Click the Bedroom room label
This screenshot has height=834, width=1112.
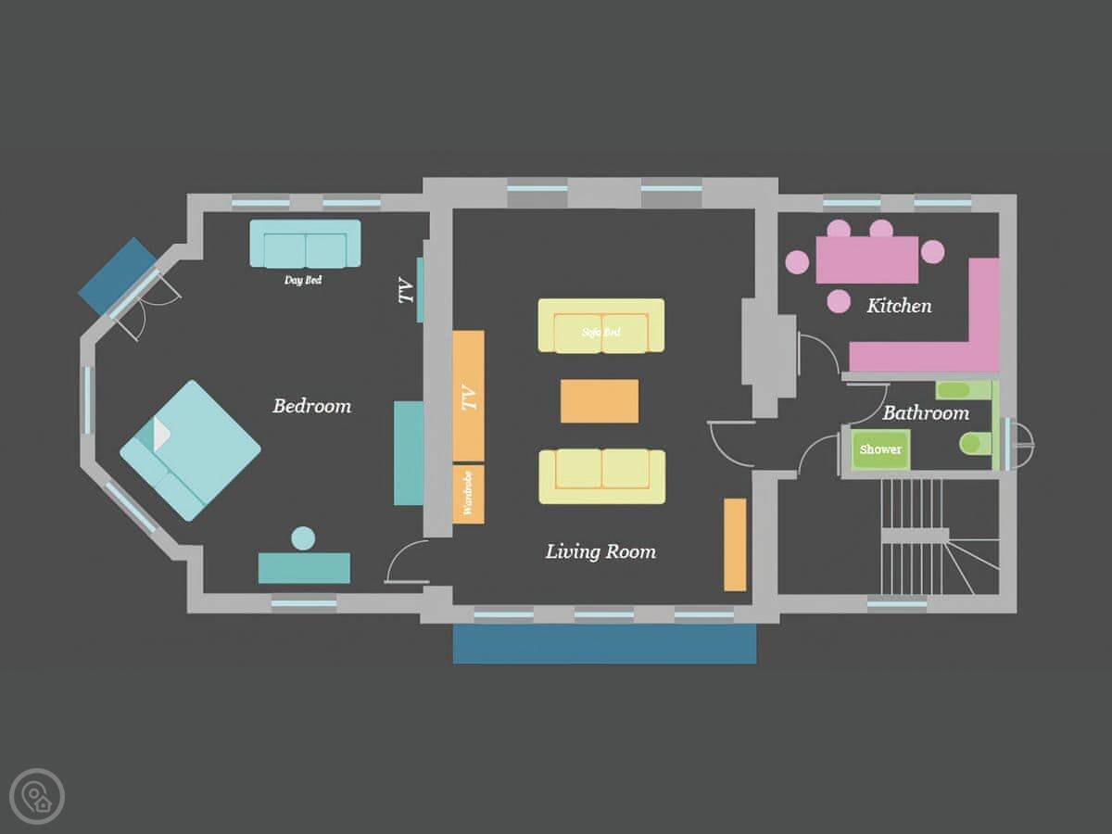click(x=311, y=406)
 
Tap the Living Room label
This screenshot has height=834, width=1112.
click(x=600, y=551)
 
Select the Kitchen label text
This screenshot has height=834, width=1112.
click(x=899, y=306)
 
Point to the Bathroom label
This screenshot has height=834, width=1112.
click(x=926, y=412)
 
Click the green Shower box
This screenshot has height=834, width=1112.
click(x=880, y=449)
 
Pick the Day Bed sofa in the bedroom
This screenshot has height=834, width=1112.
click(x=305, y=243)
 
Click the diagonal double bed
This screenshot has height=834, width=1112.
click(x=191, y=450)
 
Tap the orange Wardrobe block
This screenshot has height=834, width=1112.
click(x=468, y=494)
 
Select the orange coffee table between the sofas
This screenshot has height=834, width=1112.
click(x=600, y=400)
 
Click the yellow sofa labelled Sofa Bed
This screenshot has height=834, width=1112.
click(x=600, y=325)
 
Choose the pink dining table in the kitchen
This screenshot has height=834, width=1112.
click(x=867, y=259)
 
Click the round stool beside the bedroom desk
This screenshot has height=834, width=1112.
click(x=303, y=537)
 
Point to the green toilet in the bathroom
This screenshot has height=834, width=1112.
click(x=976, y=443)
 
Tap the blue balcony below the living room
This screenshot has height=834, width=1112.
click(x=604, y=643)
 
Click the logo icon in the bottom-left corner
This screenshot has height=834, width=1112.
click(x=37, y=796)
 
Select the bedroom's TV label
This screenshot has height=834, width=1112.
click(x=406, y=290)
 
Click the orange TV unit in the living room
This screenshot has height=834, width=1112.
click(x=468, y=396)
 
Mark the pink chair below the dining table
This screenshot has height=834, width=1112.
click(x=839, y=301)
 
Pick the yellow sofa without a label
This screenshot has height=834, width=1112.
click(x=601, y=476)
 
